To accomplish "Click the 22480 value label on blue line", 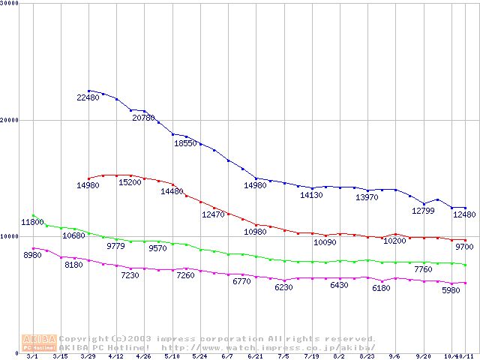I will (88, 97).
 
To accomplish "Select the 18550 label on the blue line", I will (185, 142).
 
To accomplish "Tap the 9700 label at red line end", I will (463, 247).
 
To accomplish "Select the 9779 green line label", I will (116, 246).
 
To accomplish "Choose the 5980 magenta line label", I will (451, 290).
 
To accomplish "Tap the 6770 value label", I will (241, 281).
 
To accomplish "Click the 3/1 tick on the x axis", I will (31, 357).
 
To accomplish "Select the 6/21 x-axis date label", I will (255, 357).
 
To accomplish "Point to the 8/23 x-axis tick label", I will (367, 357).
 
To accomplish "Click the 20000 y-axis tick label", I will (10, 119).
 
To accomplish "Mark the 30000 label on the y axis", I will (10, 3).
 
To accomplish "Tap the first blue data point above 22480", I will (88, 91).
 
